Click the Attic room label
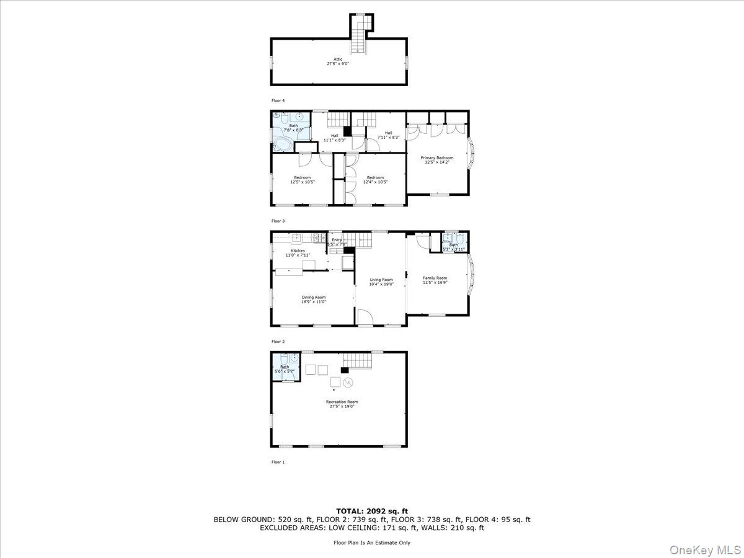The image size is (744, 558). coord(338,61)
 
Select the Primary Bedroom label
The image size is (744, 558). coord(437,160)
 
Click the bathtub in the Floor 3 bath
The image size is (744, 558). coord(283,144)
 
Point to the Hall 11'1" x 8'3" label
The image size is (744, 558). coord(334,138)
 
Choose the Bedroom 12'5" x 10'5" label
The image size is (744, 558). coord(303,180)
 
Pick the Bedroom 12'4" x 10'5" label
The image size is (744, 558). coord(375,180)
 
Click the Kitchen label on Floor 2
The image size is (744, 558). coord(298,253)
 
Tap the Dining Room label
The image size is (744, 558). coord(314,299)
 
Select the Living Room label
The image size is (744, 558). coord(381,282)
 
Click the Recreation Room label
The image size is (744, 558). coord(342,404)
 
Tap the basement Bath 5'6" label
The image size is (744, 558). coord(285,369)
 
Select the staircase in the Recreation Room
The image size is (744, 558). coord(357,360)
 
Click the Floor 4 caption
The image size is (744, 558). coord(278,100)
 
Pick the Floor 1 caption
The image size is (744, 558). coord(278,462)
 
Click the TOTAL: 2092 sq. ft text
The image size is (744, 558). coord(371,511)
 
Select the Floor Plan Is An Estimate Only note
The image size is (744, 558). coord(371,542)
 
